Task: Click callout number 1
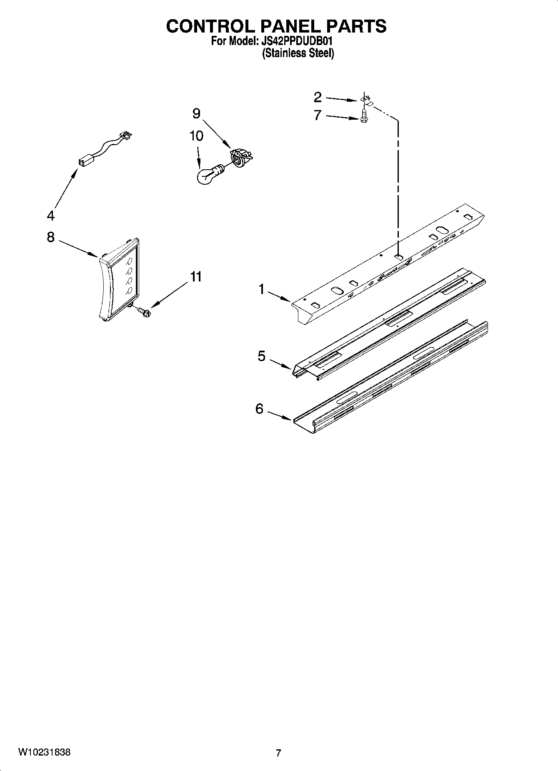pos(262,289)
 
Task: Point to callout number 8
pos(50,237)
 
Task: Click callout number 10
pos(196,136)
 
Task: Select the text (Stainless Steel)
pos(298,53)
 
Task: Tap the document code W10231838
pos(44,752)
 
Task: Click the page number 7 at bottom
pos(278,753)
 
